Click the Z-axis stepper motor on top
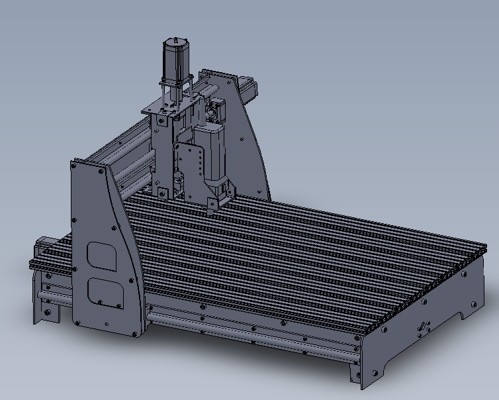pos(176,60)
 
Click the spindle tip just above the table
pos(211,205)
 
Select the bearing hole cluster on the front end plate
pos(422,327)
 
